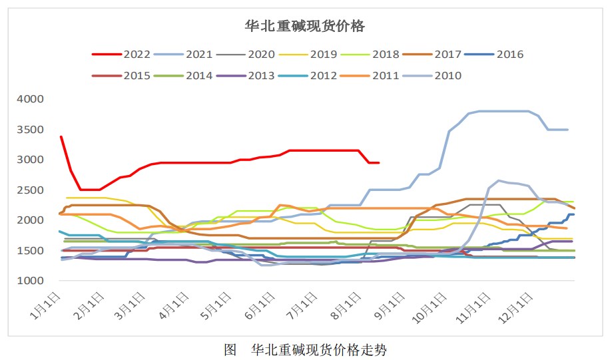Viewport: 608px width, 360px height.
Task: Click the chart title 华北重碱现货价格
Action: click(305, 26)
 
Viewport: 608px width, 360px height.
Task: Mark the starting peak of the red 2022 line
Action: click(61, 136)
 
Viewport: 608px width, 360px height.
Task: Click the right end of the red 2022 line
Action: click(379, 162)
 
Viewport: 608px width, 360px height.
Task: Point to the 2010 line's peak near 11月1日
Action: click(499, 180)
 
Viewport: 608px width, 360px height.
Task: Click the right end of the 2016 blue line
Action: click(574, 214)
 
